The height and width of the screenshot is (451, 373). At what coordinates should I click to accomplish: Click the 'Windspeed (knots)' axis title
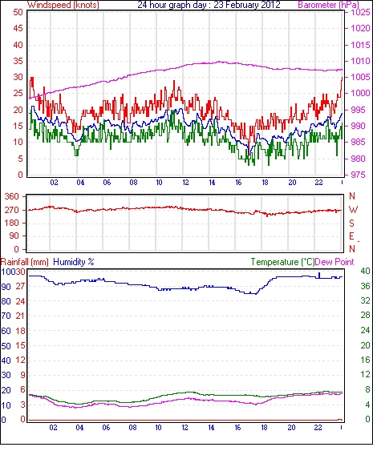tap(63, 5)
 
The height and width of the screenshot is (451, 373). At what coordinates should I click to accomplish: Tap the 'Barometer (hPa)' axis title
tap(328, 5)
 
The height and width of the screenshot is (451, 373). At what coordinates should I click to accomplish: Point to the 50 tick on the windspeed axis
tap(18, 12)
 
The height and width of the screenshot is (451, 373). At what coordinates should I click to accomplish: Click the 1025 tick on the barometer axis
tap(360, 12)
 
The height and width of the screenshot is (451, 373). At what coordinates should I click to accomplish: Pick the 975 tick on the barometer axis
tap(359, 175)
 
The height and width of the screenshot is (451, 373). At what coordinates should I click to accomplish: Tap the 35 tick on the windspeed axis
tap(18, 61)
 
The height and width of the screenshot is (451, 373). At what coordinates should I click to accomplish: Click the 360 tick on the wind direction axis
tap(12, 197)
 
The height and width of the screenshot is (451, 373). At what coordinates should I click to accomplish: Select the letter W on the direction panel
tap(353, 210)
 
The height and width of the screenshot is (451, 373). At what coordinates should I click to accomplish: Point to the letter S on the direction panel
tap(351, 223)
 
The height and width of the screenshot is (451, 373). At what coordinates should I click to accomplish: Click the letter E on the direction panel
tap(351, 236)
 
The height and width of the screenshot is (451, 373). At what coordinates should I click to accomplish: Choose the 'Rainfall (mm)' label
tap(25, 262)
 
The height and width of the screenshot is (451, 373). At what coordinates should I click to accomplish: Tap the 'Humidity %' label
tap(74, 262)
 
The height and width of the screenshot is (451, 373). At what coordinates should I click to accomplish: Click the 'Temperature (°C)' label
tap(282, 262)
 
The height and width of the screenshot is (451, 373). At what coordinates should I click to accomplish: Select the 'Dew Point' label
tap(334, 262)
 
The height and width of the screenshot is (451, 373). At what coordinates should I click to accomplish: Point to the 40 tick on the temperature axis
tap(365, 271)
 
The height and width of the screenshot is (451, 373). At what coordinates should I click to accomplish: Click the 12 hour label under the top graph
tap(185, 183)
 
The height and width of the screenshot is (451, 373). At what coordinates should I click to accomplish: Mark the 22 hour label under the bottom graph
tap(318, 428)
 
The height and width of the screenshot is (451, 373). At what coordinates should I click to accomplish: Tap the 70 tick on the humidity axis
tap(6, 316)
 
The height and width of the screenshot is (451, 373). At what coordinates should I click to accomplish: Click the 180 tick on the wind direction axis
tap(12, 223)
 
